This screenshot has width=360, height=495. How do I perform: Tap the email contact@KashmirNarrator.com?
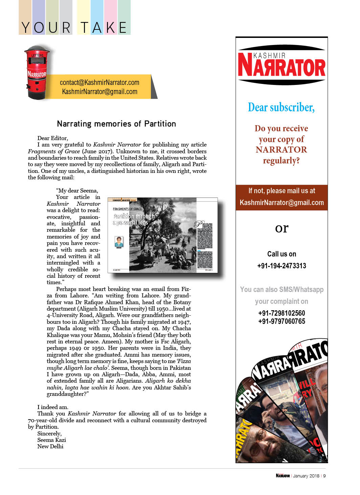click(x=99, y=83)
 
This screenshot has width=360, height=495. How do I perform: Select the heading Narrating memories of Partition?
click(x=116, y=124)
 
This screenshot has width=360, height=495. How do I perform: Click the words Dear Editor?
click(x=52, y=138)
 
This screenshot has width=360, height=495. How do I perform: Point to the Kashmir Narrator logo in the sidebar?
click(x=282, y=65)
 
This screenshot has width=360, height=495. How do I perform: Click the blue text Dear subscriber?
click(x=281, y=107)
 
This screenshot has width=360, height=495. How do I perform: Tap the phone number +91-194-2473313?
click(x=282, y=266)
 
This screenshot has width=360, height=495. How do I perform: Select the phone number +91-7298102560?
click(x=282, y=313)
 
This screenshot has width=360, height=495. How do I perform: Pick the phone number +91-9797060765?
click(x=282, y=321)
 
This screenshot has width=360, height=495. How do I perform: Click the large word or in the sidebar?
click(x=282, y=228)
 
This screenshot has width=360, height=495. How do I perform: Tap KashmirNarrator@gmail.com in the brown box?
click(x=282, y=203)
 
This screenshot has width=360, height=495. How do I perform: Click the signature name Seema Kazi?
click(x=51, y=440)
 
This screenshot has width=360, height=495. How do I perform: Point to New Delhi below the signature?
click(x=50, y=446)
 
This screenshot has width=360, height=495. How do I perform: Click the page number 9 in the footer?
click(x=324, y=476)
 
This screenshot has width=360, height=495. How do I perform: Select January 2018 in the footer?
click(x=306, y=476)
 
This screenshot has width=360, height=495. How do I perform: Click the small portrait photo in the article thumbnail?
click(x=119, y=242)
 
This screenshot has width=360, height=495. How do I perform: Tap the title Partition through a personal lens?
click(x=134, y=219)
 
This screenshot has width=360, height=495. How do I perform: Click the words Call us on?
click(x=282, y=254)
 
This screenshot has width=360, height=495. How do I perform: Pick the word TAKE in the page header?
click(x=104, y=28)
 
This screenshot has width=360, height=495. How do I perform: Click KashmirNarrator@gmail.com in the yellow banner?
click(x=99, y=92)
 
